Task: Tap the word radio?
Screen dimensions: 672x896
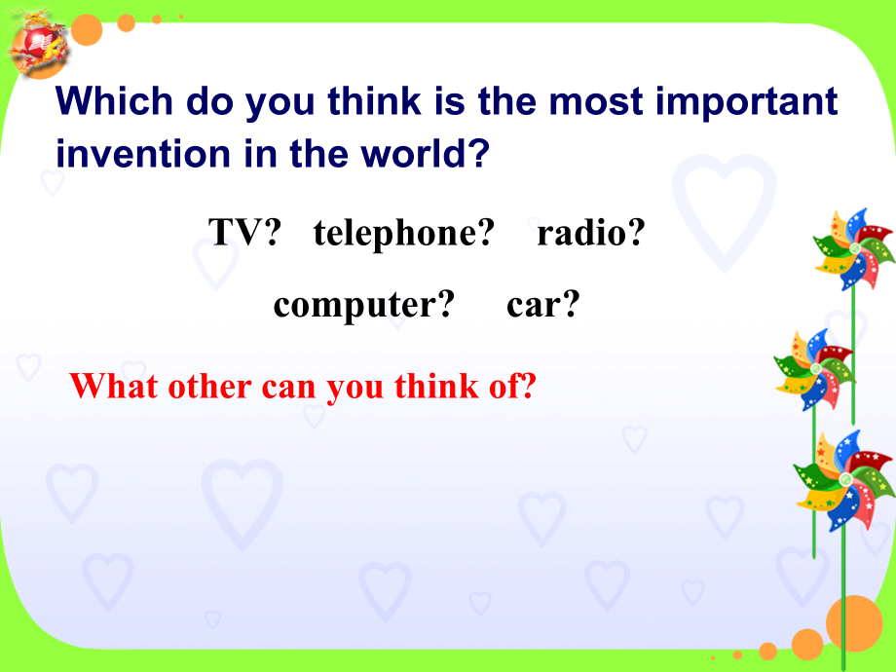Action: coord(591,233)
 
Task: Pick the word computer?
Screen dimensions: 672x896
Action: coord(364,305)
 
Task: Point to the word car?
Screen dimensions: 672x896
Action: coord(543,305)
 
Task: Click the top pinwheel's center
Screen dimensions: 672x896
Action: coord(853,248)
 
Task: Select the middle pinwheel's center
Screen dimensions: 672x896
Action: coord(814,367)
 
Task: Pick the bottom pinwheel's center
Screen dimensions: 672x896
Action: coord(844,479)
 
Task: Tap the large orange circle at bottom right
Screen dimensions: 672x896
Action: coord(854,623)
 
